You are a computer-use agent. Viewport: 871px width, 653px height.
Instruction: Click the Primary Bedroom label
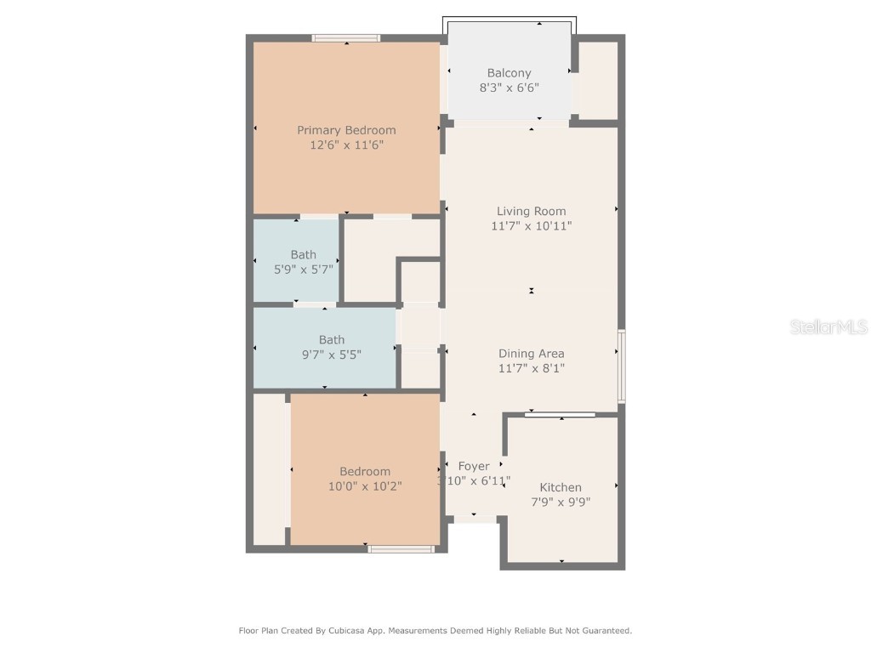tap(346, 130)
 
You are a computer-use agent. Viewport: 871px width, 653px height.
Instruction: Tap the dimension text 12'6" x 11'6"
tap(346, 145)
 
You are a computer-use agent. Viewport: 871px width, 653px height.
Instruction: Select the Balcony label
tap(509, 73)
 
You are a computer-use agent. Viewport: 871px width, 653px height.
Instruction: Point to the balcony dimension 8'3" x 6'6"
tap(509, 88)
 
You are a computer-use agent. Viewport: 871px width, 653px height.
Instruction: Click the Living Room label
tap(531, 211)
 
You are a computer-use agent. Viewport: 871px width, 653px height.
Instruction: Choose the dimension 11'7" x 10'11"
tap(531, 226)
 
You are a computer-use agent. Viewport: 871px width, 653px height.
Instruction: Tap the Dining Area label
tap(531, 354)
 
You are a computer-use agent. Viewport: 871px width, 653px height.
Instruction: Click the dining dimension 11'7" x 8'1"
tap(531, 368)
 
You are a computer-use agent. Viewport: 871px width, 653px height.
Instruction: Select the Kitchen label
tap(561, 487)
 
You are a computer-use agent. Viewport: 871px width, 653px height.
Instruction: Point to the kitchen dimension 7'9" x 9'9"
tap(561, 502)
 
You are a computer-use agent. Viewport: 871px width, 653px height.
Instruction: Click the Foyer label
tap(474, 466)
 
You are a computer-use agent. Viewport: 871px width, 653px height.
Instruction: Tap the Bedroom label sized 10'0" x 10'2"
tap(365, 472)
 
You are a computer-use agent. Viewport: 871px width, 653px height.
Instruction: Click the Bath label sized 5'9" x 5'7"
tap(303, 254)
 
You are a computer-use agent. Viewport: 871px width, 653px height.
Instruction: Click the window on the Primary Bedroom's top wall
tap(346, 37)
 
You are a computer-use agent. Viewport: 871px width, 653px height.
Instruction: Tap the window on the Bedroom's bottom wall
tap(401, 549)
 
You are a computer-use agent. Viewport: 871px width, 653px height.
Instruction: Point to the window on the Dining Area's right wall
tap(622, 366)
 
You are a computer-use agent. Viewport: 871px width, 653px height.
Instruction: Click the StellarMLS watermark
tap(828, 326)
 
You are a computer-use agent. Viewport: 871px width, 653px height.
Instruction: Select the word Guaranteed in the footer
tap(603, 631)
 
